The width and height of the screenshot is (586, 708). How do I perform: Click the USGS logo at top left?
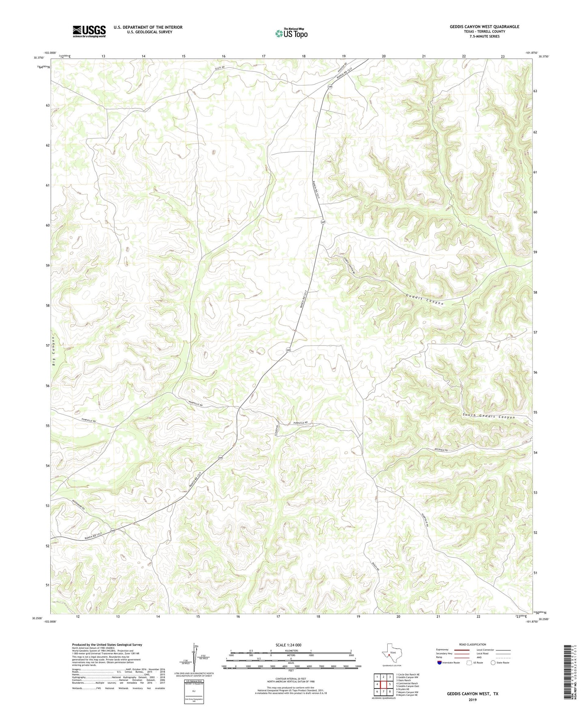89,31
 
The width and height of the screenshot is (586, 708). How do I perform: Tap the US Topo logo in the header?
291,33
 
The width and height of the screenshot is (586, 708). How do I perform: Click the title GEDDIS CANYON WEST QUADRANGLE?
484,27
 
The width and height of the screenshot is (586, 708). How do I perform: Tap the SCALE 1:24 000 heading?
288,645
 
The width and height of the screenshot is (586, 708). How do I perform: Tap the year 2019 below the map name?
472,700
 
